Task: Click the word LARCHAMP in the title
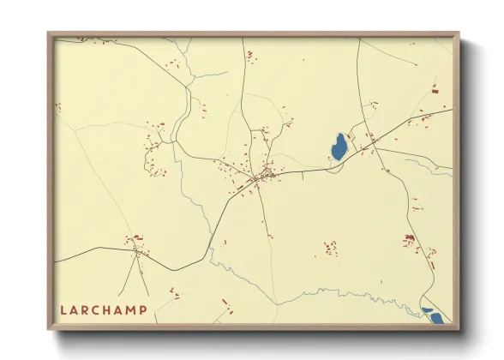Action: pos(104,309)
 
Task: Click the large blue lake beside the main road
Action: pos(339,147)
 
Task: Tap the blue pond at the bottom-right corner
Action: pos(435,317)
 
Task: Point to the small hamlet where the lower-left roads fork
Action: pos(135,249)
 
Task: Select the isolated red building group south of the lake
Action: pos(330,249)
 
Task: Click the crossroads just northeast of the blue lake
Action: pos(368,137)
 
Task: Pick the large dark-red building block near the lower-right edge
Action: pos(410,238)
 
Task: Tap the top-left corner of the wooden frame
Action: pos(49,33)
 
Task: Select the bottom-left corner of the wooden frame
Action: pos(49,329)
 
